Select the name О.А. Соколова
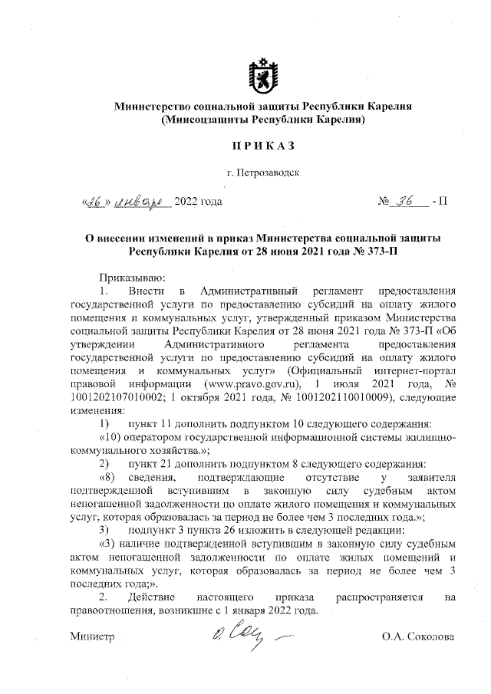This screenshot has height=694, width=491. coord(419,636)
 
